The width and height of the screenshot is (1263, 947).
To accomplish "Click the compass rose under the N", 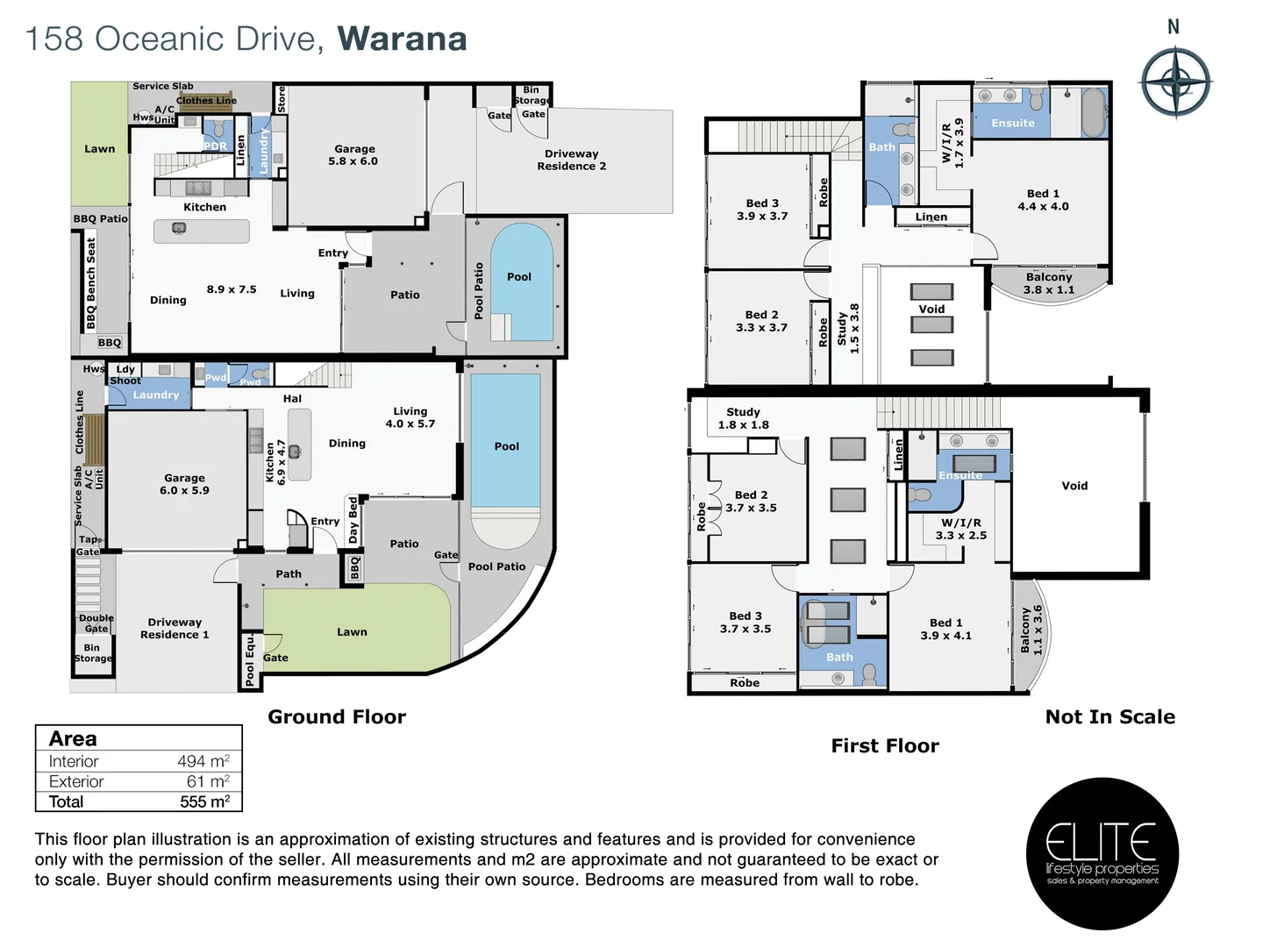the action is pos(1175,82).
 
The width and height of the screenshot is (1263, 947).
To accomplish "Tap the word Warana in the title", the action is pos(402,39).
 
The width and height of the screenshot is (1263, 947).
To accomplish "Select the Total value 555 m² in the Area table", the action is pos(204,801).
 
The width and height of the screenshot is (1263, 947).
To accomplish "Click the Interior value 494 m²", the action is pos(203,761).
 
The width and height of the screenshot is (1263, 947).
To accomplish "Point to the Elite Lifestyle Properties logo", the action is pos(1102,853).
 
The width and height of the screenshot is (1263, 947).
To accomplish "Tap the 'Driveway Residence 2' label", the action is pos(571,160).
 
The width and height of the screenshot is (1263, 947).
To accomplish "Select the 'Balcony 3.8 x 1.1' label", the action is pos(1048,283).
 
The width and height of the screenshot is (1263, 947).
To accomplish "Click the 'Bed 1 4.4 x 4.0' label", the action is pos(1043,200).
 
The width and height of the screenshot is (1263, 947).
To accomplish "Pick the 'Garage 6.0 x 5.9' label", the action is pos(184,484).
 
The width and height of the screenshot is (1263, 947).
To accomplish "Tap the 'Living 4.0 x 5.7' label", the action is pos(410,417).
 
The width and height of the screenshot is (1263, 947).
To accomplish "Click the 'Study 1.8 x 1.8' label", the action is pos(743,418).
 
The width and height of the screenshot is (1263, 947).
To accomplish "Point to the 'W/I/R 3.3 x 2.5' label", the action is pos(960,529).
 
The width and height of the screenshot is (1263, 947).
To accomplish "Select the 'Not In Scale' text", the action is pos(1110,716).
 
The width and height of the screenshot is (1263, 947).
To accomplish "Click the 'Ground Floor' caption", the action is pos(337,716).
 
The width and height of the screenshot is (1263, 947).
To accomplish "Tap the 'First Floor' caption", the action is pos(884,745).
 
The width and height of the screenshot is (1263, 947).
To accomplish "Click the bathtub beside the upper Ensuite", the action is pos(1093,111).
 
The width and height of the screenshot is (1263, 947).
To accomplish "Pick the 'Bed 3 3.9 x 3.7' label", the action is pos(761,210).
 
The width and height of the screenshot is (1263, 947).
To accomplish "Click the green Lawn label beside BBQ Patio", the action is pos(99,149).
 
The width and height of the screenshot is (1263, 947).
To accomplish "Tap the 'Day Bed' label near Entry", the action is pos(353,520).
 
